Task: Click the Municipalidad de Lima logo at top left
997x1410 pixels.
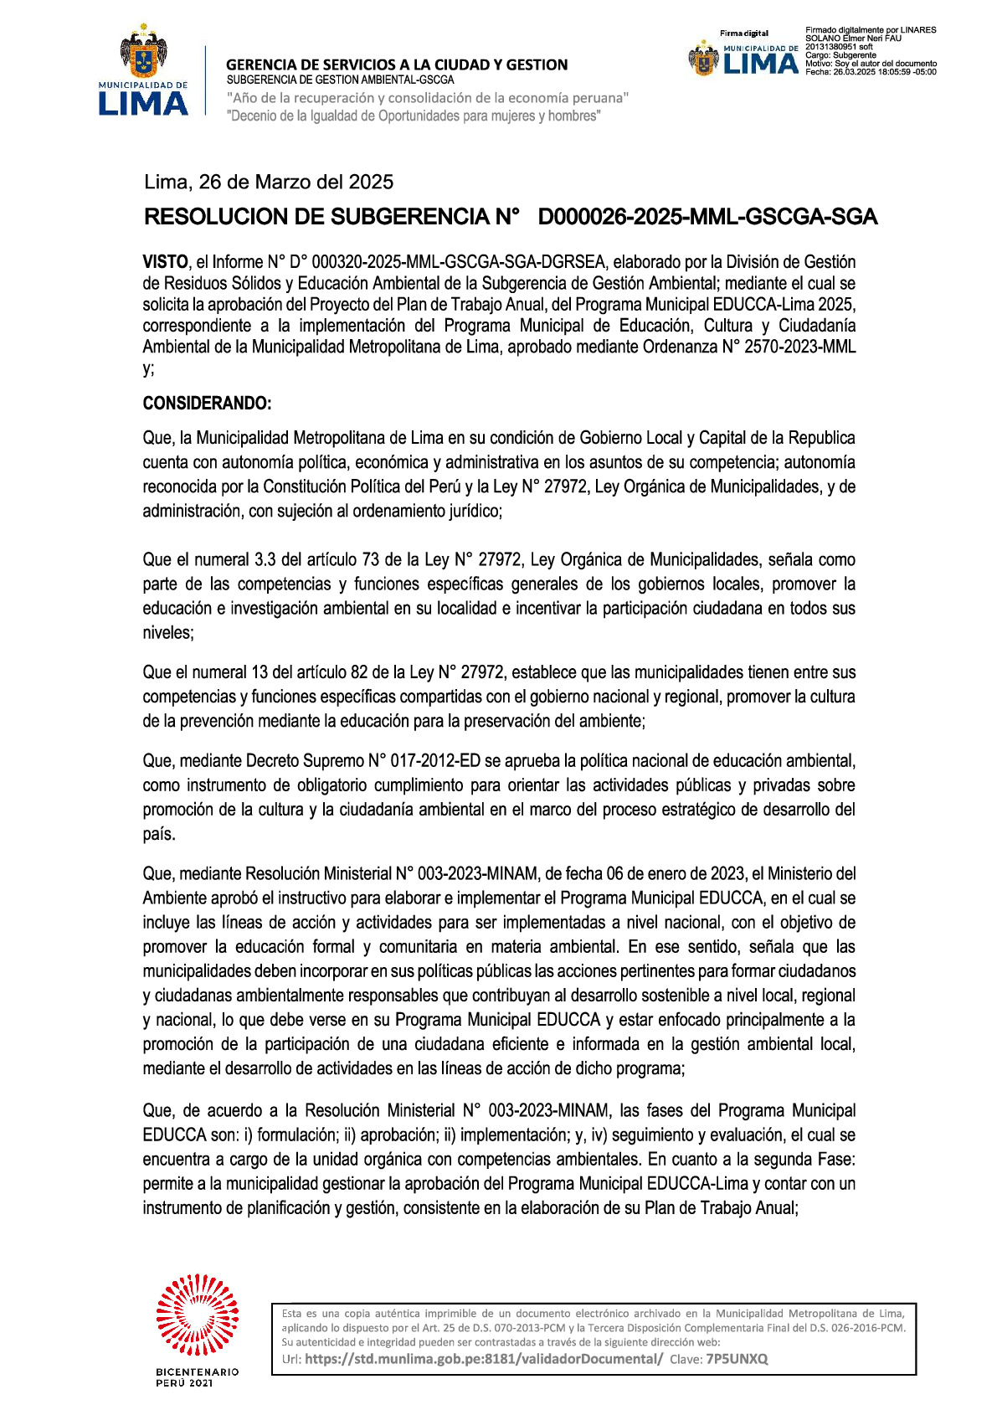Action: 143,74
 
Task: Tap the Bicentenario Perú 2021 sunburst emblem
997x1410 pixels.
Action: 198,1315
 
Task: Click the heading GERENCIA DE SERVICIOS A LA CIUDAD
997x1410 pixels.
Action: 397,64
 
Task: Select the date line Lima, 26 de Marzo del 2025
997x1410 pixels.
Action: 269,183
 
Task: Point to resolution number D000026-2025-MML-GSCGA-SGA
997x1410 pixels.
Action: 707,218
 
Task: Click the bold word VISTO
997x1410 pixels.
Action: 165,262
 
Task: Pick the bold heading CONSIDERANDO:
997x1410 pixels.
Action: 207,404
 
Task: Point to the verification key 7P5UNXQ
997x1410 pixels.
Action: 737,1359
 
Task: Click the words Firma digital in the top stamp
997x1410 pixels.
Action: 744,33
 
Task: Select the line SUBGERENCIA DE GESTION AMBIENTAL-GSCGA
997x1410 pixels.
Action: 340,80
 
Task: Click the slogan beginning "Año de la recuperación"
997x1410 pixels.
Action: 428,98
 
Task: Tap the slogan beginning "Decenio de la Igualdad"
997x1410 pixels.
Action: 414,116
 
